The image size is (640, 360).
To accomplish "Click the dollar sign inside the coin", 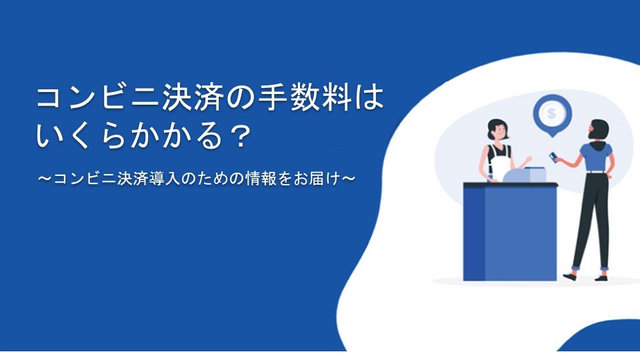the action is [x=552, y=113].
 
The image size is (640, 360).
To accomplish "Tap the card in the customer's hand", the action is [x=553, y=156].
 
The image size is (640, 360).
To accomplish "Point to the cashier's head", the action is [x=497, y=130].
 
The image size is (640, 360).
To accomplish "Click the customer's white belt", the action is [x=596, y=172].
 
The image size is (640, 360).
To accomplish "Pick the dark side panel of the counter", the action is [x=474, y=233].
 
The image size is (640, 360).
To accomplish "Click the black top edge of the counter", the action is [x=510, y=185].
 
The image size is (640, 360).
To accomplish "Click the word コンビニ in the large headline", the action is [x=97, y=99].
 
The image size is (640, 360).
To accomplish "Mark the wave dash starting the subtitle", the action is [x=44, y=179].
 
